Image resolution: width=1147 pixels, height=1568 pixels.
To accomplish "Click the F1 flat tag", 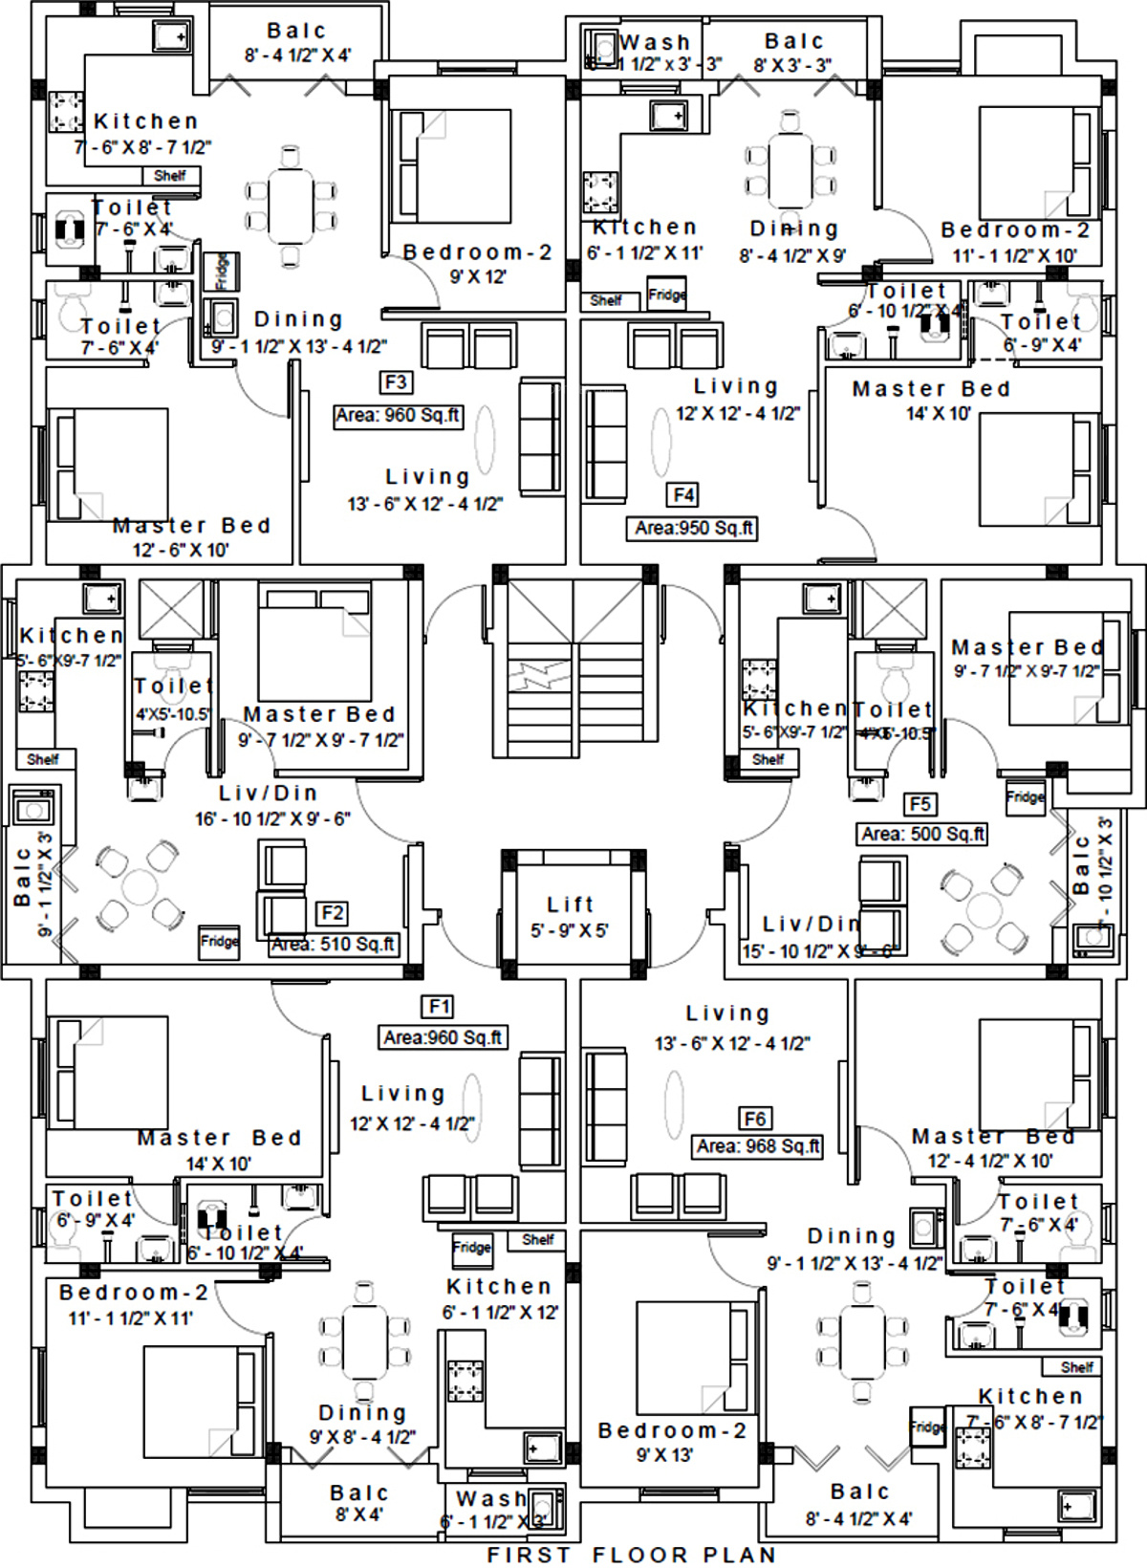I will coord(439,1007).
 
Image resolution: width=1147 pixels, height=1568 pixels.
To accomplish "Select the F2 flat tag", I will coord(332,913).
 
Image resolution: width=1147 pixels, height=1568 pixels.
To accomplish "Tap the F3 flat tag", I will coord(396,382).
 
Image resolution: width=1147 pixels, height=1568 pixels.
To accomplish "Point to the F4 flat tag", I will coord(683,494).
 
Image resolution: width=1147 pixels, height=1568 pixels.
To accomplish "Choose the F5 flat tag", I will coord(920,804).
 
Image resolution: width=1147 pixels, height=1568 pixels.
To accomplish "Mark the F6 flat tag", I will coord(755,1119).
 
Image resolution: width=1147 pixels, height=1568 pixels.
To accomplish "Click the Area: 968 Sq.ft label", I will coord(758,1146).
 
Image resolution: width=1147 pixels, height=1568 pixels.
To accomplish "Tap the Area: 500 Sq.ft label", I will coord(922,834).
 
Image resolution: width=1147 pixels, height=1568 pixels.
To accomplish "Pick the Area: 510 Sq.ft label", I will coord(333,945).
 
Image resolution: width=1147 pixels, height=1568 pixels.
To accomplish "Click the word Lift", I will coord(571,904).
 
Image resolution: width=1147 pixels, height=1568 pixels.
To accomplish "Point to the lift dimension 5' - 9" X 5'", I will coord(570,930).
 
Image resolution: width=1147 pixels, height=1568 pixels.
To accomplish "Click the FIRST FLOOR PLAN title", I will coord(631,1556).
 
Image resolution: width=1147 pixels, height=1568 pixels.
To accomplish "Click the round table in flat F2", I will coord(140,885).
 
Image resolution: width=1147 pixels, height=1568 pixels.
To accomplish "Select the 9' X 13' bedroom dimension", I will coord(665,1455).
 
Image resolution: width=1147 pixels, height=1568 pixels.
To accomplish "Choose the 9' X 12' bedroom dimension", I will coord(478,277).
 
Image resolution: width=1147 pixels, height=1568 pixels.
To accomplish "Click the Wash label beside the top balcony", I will coord(655,42).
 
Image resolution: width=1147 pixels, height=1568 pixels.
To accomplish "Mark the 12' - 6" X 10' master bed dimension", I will coord(181,550).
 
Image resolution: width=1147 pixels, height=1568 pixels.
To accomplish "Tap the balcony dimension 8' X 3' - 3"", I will coord(792,65).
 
